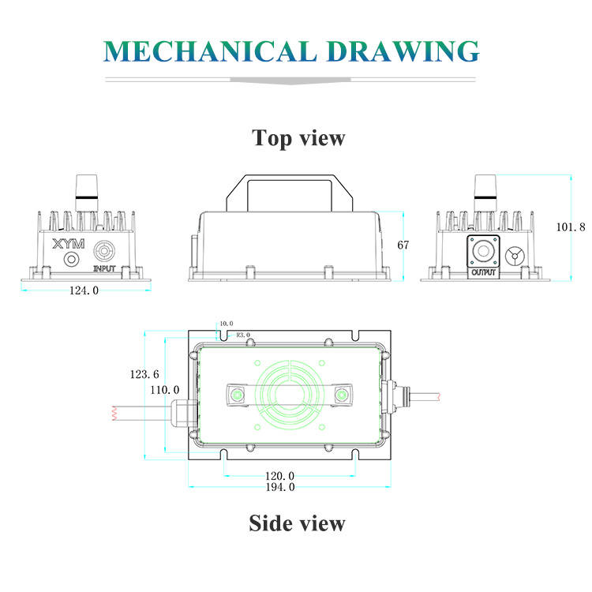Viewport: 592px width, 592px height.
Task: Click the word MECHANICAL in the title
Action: point(210,51)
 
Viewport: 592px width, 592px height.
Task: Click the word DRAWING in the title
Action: point(403,51)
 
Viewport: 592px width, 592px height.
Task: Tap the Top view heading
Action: point(298,138)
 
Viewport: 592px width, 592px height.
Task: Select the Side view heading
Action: point(297,523)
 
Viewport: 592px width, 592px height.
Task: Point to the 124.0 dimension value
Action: point(84,290)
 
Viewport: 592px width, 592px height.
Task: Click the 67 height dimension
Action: point(403,245)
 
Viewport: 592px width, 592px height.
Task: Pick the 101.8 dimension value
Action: point(571,227)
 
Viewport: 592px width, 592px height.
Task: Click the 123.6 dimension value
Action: point(144,374)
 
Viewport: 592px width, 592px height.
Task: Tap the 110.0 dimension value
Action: point(165,390)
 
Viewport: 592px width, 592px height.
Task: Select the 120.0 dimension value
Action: point(279,476)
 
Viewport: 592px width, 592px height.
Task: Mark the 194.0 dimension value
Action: point(280,487)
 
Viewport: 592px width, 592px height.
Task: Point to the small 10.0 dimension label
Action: point(227,324)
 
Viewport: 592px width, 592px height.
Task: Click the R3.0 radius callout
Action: point(243,335)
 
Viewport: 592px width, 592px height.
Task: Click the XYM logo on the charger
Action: point(69,244)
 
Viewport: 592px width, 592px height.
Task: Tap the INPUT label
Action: point(104,268)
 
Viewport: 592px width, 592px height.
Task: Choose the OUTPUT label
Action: point(483,272)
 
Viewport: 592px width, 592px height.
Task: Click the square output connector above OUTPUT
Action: point(483,251)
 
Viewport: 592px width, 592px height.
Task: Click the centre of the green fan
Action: point(290,395)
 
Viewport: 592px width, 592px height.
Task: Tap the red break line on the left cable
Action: point(114,413)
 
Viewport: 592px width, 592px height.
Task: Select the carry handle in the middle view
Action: point(290,193)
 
